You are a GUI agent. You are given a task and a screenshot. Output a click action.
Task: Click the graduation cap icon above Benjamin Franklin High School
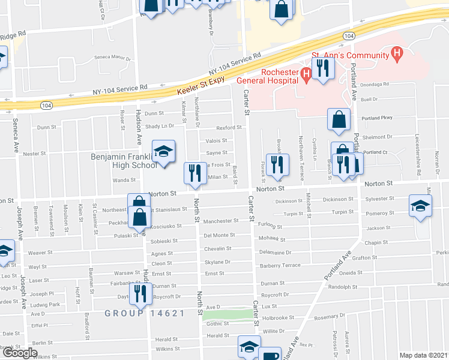coord(162,152)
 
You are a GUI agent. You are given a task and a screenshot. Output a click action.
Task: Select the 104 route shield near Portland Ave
coord(349,37)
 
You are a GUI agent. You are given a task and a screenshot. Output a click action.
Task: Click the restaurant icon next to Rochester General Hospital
coord(323,68)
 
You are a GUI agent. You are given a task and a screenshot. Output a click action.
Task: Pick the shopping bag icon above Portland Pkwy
coord(339,119)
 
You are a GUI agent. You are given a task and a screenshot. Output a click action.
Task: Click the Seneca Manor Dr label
coord(112,58)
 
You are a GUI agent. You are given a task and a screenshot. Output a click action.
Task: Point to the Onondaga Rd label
coord(375,85)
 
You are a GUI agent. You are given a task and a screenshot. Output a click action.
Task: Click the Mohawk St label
coord(272,239)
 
